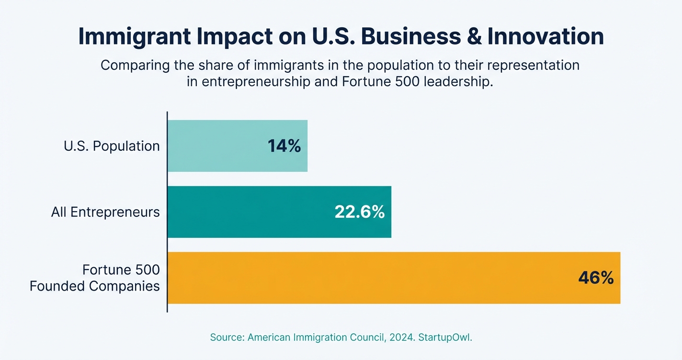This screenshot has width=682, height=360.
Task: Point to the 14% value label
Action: coord(284,146)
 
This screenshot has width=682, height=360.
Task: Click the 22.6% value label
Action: coord(359,212)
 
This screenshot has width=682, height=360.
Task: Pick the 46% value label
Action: coord(596,278)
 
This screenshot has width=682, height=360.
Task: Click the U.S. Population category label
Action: coord(112,146)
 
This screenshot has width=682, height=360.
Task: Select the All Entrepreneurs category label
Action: coord(105,212)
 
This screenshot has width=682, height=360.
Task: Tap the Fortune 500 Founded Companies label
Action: coord(95,278)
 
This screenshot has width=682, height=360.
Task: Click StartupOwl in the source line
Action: coord(445,337)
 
